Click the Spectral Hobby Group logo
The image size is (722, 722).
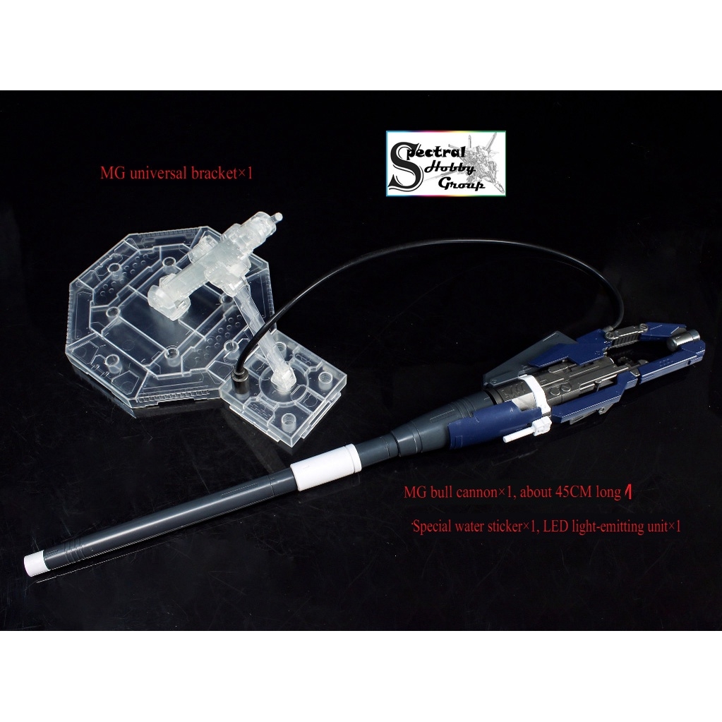pos(445,163)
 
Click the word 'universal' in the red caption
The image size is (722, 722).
pos(158,174)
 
